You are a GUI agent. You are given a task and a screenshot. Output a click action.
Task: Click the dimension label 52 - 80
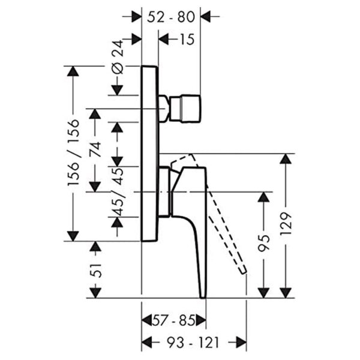[x=171, y=17]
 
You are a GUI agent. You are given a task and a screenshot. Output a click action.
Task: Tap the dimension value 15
[x=187, y=40]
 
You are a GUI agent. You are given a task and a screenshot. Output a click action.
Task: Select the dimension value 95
[x=263, y=243]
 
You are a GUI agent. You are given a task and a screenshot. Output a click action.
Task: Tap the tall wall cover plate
[x=149, y=153]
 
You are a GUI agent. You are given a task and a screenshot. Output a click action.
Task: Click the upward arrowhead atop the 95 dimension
[x=263, y=197]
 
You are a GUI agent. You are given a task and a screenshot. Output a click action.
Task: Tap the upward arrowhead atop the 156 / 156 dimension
[x=73, y=72]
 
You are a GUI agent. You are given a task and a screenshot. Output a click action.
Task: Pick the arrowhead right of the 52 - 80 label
[x=208, y=17]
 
